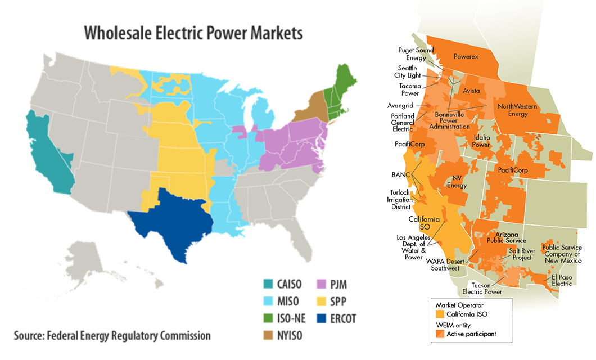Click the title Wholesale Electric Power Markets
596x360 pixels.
pyautogui.click(x=193, y=33)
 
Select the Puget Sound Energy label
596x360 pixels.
pyautogui.click(x=412, y=54)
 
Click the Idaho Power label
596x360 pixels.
pyautogui.click(x=482, y=141)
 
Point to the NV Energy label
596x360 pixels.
pyautogui.click(x=457, y=182)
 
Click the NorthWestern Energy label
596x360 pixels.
pyautogui.click(x=517, y=110)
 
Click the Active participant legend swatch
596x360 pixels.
pyautogui.click(x=440, y=335)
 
